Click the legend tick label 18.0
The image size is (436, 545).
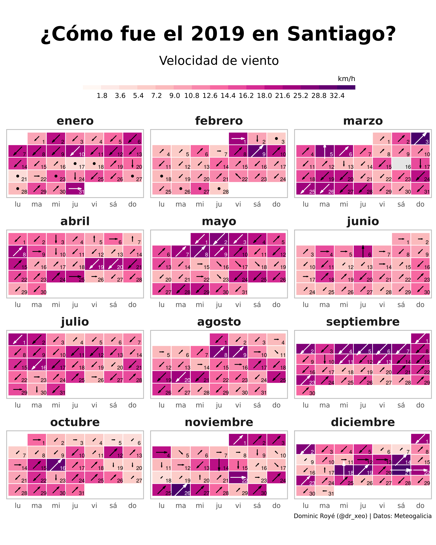(264, 96)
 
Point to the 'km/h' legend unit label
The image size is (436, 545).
(346, 79)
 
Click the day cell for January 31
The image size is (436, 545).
(75, 189)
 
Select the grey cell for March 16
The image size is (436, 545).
(401, 163)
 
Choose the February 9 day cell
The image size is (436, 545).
(257, 151)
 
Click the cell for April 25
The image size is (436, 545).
(75, 276)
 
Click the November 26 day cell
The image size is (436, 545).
(181, 490)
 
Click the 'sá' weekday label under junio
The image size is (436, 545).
(401, 305)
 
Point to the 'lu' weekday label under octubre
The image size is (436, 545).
(18, 505)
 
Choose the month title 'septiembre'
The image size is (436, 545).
(363, 322)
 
